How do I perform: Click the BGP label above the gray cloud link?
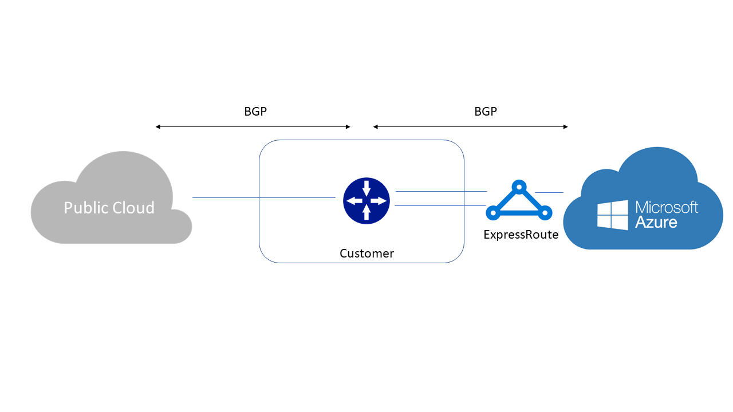point(255,112)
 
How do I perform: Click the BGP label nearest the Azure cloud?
point(486,112)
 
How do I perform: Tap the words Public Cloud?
point(109,207)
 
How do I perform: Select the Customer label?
point(366,253)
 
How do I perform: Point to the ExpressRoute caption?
point(521,234)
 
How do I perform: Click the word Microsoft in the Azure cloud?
point(667,207)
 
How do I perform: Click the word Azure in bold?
point(656,222)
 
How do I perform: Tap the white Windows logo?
point(612,215)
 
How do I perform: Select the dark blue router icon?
point(366,200)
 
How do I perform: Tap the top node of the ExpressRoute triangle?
point(519,187)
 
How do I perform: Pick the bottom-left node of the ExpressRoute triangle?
point(492,213)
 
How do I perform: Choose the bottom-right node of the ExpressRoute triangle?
point(545,213)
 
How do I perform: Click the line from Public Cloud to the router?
point(263,197)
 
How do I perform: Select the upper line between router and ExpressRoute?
point(441,191)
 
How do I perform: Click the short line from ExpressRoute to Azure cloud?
point(549,192)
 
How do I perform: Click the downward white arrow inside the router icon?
point(366,187)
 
